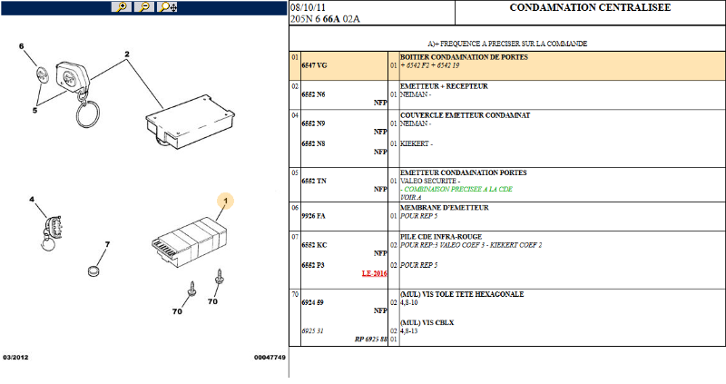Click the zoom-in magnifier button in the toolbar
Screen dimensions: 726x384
[x=122, y=7]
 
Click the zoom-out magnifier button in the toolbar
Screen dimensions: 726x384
[x=144, y=7]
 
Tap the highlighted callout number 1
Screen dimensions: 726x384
[x=225, y=201]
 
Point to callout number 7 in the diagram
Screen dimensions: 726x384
[x=107, y=244]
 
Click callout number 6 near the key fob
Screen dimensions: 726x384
[x=21, y=46]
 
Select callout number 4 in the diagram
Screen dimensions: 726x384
[x=32, y=199]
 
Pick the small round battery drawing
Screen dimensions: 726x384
[x=94, y=271]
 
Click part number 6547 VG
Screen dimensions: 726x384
[x=314, y=65]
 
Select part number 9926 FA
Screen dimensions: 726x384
[x=313, y=216]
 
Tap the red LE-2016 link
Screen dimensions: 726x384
[x=374, y=273]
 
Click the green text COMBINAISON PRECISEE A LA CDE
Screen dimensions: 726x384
[x=456, y=189]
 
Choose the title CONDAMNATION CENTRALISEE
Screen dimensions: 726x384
[x=590, y=7]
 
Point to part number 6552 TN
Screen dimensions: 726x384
[x=314, y=181]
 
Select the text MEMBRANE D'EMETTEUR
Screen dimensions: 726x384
[x=445, y=208]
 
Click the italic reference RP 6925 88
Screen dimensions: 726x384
[x=371, y=340]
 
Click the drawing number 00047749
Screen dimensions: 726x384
[x=270, y=357]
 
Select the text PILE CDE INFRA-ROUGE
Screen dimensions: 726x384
[x=441, y=236]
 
